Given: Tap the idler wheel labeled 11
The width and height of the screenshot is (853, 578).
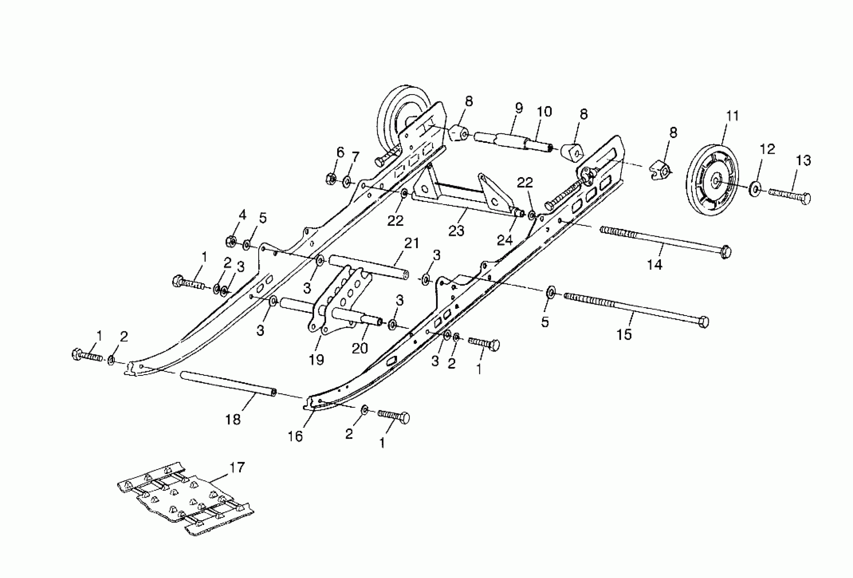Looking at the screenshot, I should click(x=712, y=182).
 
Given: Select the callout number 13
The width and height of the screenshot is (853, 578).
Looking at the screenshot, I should click(x=803, y=160).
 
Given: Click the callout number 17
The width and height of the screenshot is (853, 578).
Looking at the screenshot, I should click(x=237, y=468).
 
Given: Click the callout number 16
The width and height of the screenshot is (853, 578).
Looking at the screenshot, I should click(x=295, y=436).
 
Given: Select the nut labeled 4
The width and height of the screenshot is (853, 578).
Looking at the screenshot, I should click(x=231, y=241).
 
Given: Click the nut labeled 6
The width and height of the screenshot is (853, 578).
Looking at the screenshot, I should click(x=330, y=178).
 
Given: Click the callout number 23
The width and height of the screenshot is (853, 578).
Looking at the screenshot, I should click(x=456, y=231).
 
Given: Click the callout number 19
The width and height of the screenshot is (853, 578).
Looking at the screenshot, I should click(x=316, y=360).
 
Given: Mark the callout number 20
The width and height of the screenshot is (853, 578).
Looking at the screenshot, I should click(x=360, y=348).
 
